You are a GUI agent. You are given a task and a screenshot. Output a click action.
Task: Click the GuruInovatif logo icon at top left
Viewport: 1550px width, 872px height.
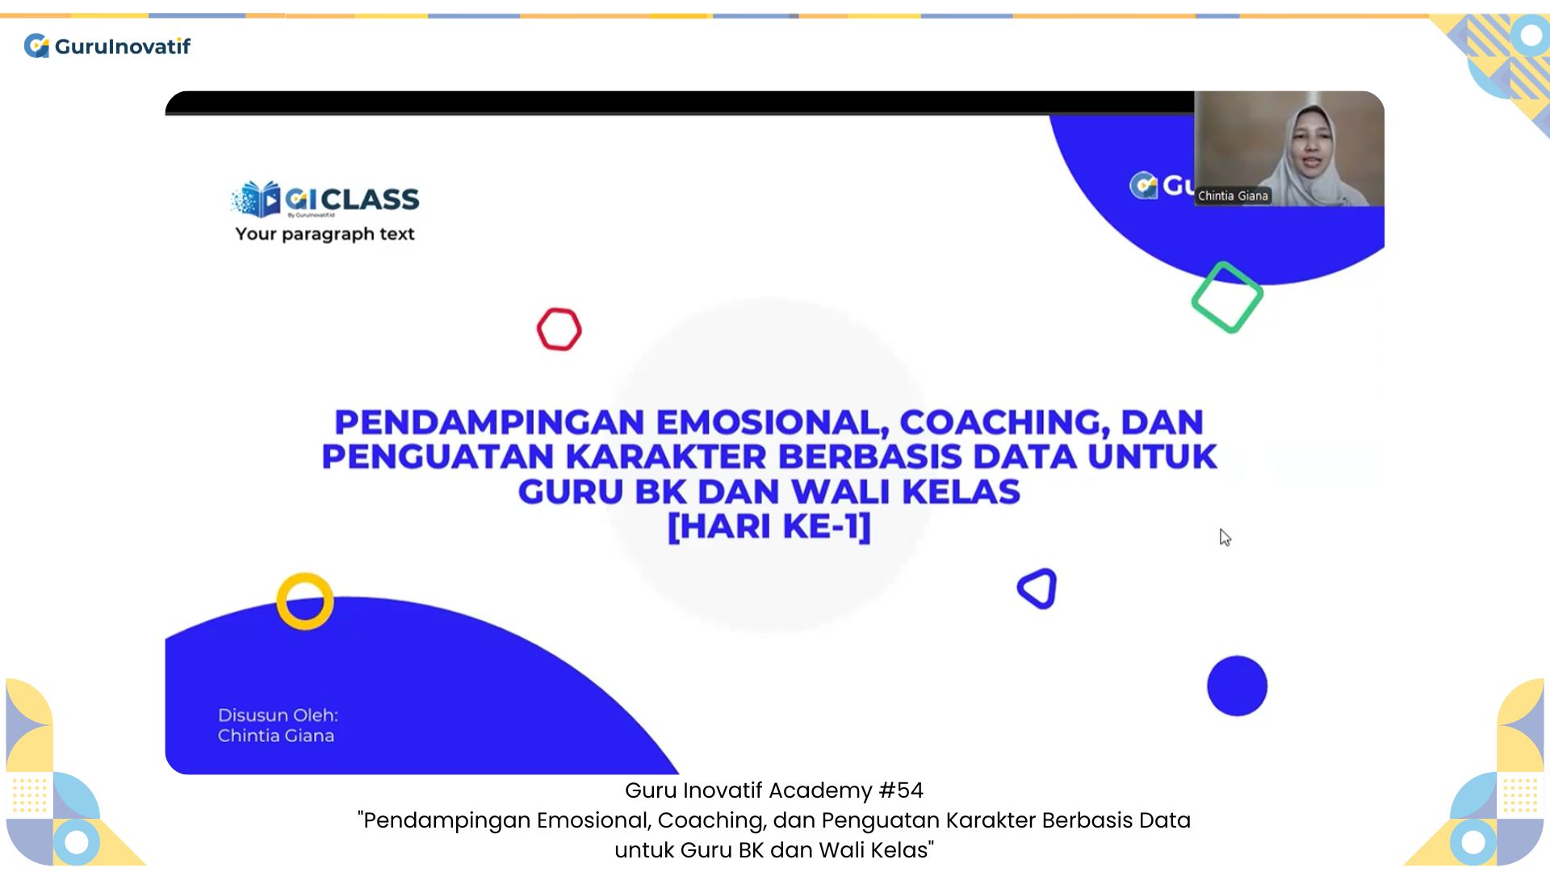click(x=36, y=46)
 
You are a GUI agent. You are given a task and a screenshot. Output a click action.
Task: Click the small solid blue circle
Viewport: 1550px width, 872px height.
click(x=1237, y=685)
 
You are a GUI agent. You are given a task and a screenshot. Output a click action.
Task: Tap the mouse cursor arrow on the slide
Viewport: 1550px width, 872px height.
click(x=1225, y=538)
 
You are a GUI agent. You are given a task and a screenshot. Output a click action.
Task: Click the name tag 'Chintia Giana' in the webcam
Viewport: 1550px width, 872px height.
click(x=1233, y=195)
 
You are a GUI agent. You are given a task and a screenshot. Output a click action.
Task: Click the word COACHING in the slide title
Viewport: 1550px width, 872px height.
click(x=999, y=422)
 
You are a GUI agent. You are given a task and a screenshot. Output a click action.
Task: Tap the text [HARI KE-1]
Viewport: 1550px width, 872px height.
click(x=769, y=526)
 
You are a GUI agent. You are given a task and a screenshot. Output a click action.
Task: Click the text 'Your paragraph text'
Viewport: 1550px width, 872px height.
click(x=325, y=234)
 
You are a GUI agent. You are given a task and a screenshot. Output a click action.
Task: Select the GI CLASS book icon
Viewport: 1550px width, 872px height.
click(x=256, y=199)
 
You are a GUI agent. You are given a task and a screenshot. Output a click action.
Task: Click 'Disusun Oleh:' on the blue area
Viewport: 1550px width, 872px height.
click(x=278, y=715)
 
